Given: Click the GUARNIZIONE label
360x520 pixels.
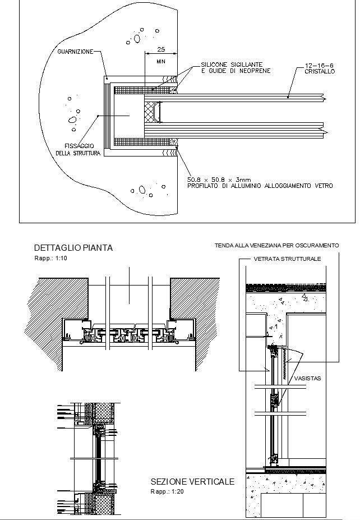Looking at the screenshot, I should tap(76, 52).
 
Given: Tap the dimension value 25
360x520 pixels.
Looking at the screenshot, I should tap(161, 49).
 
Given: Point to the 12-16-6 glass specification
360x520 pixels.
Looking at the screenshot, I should tap(320, 66).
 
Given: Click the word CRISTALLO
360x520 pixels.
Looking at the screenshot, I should tap(320, 72).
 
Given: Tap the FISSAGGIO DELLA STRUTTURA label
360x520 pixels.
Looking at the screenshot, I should tap(78, 149).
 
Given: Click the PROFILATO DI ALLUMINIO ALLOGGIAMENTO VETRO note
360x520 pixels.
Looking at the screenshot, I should tap(260, 186).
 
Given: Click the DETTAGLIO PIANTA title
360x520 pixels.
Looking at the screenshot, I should tap(73, 247).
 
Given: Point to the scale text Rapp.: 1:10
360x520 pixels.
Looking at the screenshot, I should tap(50, 258).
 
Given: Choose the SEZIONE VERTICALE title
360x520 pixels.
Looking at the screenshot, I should tap(192, 482).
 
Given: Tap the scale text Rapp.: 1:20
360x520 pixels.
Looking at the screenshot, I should tap(167, 491).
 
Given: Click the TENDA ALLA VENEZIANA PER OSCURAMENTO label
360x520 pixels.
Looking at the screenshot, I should tap(277, 246).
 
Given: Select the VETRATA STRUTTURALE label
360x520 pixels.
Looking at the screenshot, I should tap(287, 259).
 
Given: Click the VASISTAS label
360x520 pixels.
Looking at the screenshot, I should tap(307, 379).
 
